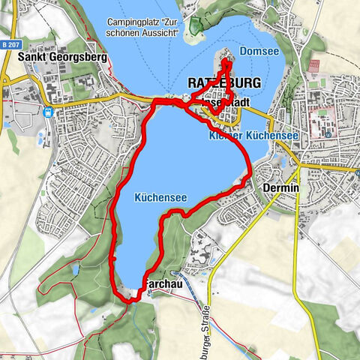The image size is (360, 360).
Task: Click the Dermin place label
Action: (282, 188)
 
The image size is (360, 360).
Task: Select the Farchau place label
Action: (160, 285)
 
